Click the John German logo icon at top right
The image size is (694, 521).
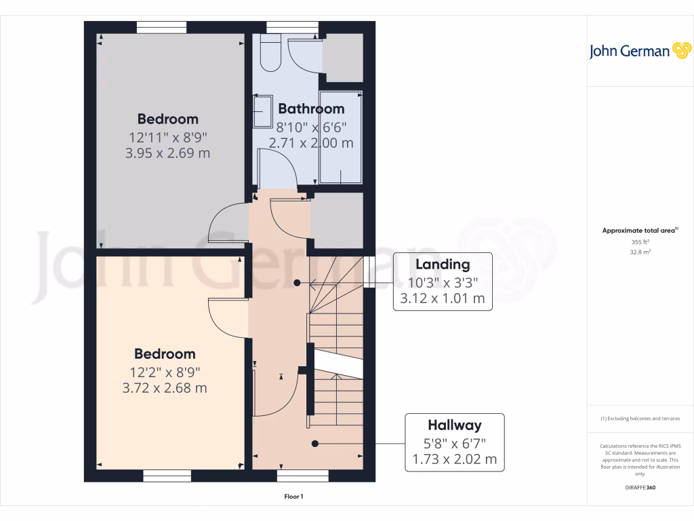click(x=680, y=51)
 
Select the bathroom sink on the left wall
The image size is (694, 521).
click(x=261, y=111)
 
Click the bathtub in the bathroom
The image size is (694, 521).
click(x=341, y=137)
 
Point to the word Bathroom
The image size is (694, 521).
click(x=311, y=109)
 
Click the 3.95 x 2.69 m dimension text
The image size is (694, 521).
click(x=167, y=153)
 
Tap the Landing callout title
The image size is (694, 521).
click(x=443, y=265)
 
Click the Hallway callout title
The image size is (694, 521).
click(x=454, y=425)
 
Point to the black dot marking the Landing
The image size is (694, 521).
click(x=296, y=282)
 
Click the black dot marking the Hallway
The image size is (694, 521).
click(x=315, y=444)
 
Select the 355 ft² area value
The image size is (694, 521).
click(x=640, y=242)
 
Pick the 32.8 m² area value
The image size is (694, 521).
click(x=640, y=251)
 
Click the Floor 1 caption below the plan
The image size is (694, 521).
click(x=293, y=497)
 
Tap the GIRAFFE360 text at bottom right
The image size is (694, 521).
click(x=640, y=488)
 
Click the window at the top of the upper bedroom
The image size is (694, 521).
click(x=161, y=27)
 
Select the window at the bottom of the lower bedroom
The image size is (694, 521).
click(x=167, y=476)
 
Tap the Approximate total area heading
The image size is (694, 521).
click(x=639, y=231)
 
